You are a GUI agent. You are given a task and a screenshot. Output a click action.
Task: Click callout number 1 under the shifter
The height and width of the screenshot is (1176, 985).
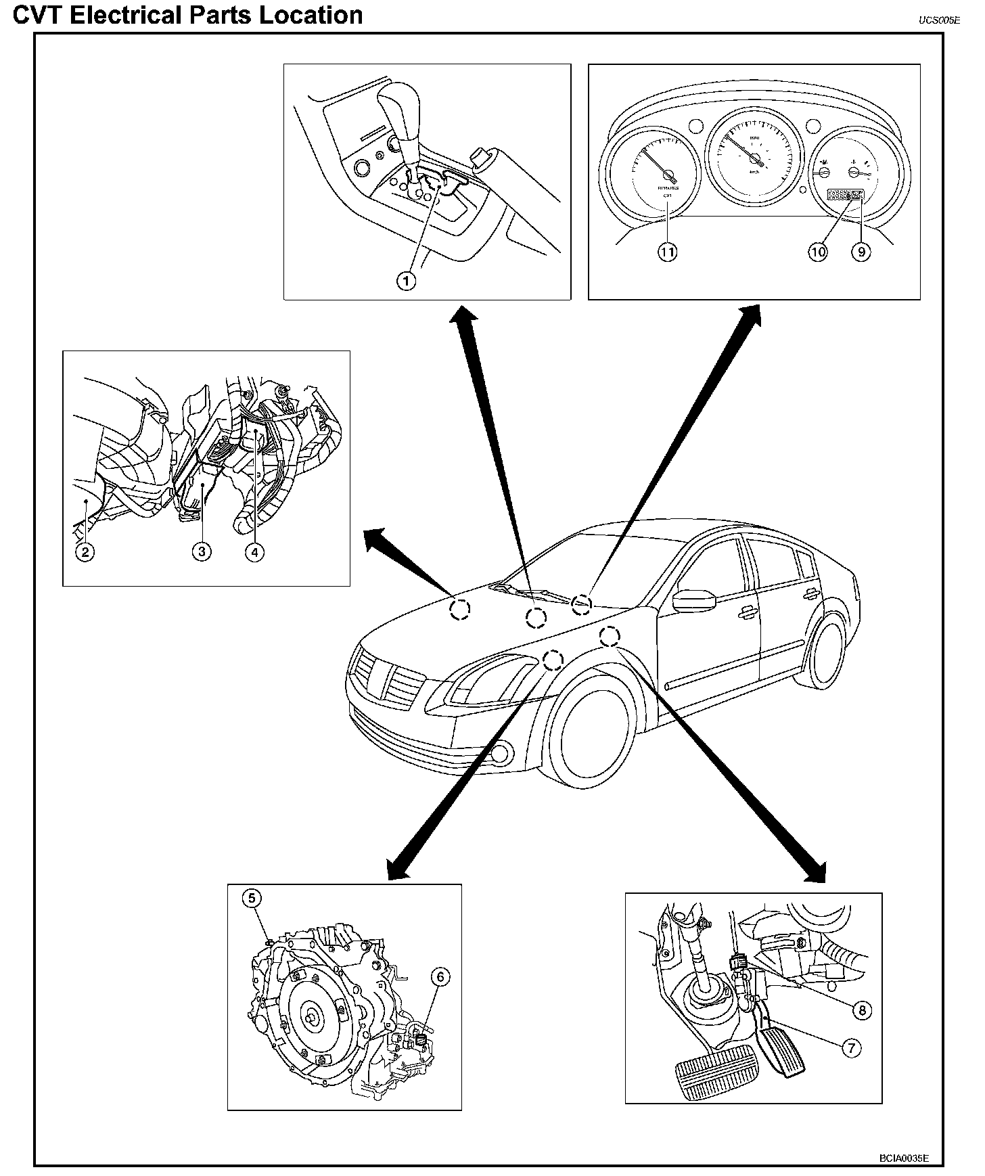(406, 280)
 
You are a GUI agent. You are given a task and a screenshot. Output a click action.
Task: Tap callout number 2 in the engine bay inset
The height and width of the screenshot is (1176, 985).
(85, 552)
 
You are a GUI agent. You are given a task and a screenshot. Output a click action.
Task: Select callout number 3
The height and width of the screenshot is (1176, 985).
(201, 552)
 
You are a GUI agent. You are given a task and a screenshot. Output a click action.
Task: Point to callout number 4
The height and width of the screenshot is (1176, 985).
(254, 552)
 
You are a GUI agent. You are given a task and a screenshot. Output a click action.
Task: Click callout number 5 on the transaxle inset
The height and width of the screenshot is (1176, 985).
(252, 899)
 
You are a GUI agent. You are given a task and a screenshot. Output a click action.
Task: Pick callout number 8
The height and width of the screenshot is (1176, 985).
(862, 1010)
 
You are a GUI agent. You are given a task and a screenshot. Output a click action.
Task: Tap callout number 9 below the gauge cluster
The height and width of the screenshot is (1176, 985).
(861, 252)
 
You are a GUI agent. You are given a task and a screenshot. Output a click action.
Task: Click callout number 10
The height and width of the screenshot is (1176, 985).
(818, 252)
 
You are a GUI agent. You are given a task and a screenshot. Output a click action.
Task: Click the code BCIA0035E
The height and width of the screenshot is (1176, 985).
(904, 1158)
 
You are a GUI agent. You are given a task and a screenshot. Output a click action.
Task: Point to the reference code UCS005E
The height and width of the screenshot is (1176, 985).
(939, 20)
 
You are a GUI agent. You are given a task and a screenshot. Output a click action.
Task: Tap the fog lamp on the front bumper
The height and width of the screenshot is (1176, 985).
(501, 752)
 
